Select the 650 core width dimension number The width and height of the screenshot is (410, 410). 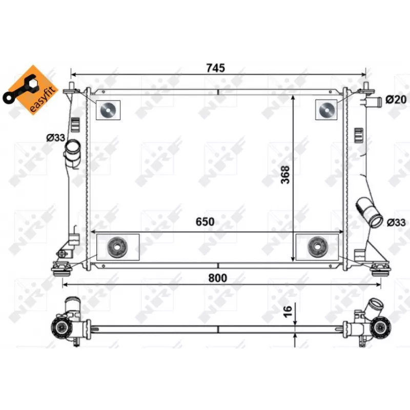(x=203, y=222)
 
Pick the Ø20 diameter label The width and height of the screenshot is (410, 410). (x=395, y=99)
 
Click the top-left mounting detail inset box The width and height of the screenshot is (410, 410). (x=108, y=109)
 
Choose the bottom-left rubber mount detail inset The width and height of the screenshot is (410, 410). (x=118, y=247)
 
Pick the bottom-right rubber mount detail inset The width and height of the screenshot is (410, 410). (x=317, y=247)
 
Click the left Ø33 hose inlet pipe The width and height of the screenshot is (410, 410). (x=72, y=149)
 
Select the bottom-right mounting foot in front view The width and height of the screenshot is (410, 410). (x=380, y=267)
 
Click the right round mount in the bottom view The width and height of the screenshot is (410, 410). (x=380, y=326)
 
